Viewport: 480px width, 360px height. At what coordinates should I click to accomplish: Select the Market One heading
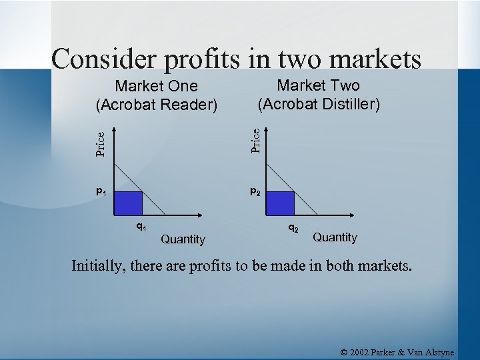[157, 86]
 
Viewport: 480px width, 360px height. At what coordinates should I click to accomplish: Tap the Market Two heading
[318, 85]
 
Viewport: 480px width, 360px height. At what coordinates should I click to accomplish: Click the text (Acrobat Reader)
[157, 105]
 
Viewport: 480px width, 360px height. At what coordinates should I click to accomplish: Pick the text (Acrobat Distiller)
[319, 104]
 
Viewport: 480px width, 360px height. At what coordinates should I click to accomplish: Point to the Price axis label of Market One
[99, 143]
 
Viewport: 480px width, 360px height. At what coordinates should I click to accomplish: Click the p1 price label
[101, 192]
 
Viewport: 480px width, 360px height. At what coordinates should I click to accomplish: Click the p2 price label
[255, 192]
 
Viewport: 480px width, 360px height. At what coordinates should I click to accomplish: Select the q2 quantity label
[293, 227]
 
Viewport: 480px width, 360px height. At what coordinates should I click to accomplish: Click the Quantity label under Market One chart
[183, 239]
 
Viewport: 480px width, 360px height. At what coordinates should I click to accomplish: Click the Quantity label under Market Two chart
[335, 237]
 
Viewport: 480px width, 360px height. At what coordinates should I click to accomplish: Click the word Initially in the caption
[100, 267]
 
